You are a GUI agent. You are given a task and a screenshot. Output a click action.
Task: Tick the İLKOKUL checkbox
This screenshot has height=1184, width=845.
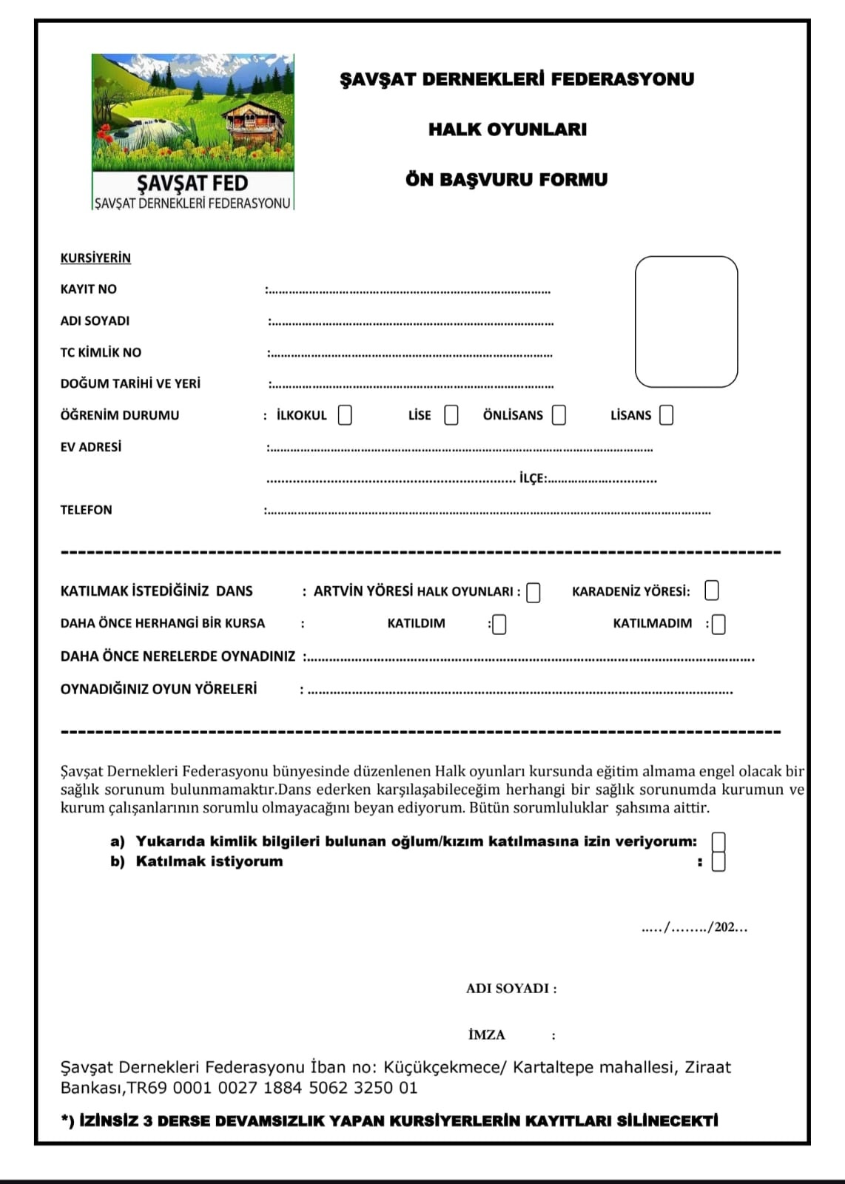click(x=345, y=415)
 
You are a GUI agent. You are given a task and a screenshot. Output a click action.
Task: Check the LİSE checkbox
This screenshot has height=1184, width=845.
click(x=451, y=415)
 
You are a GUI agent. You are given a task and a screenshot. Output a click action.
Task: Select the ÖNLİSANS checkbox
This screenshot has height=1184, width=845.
click(x=559, y=415)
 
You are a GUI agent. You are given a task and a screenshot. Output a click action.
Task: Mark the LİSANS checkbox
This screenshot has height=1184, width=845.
click(x=667, y=415)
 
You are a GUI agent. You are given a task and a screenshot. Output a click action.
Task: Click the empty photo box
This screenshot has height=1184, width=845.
click(x=686, y=322)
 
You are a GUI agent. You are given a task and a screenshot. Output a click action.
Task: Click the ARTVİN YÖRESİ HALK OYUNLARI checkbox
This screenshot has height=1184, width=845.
click(x=533, y=593)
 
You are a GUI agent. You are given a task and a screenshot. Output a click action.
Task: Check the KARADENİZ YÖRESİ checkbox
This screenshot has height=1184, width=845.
click(x=712, y=591)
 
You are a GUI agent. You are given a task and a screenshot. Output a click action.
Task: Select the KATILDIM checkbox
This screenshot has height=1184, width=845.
click(x=499, y=625)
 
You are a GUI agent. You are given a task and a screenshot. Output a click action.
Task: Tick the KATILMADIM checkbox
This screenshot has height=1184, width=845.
click(x=718, y=625)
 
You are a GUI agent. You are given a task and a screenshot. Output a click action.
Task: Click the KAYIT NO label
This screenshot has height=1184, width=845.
click(x=88, y=289)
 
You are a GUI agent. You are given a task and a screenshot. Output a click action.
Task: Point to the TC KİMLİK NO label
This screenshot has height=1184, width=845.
click(x=101, y=353)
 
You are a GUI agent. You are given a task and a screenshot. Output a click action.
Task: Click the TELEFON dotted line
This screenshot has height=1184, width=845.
click(x=488, y=511)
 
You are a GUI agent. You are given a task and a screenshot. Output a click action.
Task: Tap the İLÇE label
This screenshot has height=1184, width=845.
click(x=532, y=479)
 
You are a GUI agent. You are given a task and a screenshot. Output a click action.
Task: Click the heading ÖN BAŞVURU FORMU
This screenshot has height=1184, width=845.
click(x=506, y=180)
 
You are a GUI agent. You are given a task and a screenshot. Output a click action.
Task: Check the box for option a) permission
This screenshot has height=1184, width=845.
click(x=718, y=842)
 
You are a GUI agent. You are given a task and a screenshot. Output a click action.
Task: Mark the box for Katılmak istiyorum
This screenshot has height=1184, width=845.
click(x=718, y=861)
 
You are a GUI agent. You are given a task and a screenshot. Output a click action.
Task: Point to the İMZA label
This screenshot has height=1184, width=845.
click(x=487, y=1035)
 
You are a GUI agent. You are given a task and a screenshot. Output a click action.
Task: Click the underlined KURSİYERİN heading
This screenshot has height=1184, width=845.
click(x=95, y=258)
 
